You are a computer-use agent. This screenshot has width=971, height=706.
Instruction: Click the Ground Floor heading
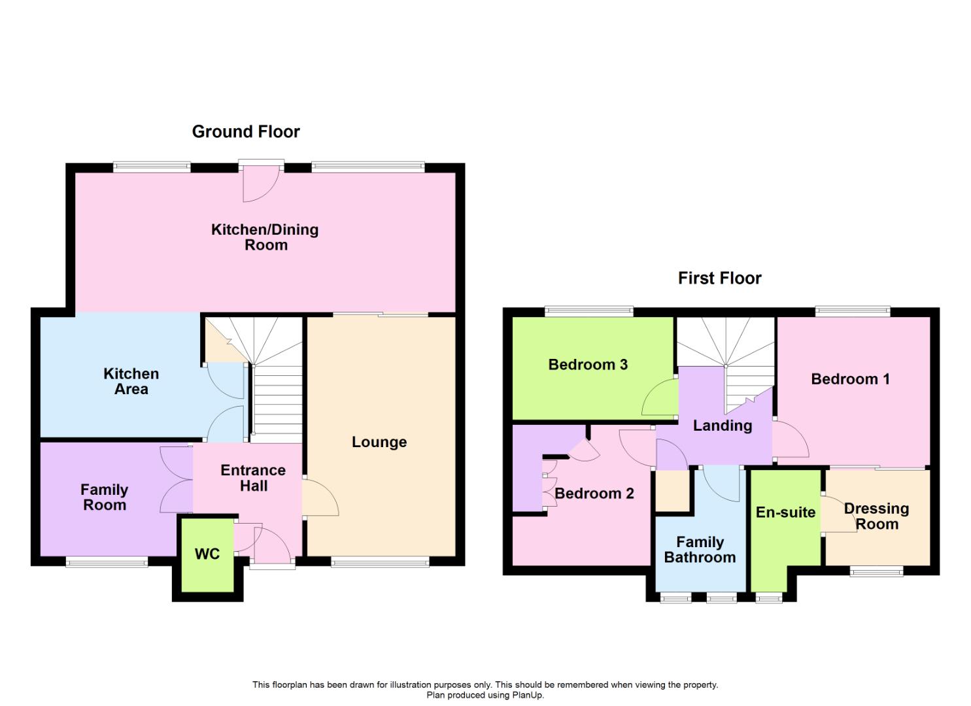pyautogui.click(x=246, y=131)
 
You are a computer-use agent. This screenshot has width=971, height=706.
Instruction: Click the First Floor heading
pyautogui.click(x=719, y=278)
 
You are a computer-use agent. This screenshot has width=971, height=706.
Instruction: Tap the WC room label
pyautogui.click(x=207, y=554)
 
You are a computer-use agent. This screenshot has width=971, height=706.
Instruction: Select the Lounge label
pyautogui.click(x=379, y=442)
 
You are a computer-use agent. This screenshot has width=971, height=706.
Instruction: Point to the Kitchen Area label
pyautogui.click(x=131, y=381)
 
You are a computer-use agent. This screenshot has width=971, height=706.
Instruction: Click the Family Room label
pyautogui.click(x=105, y=497)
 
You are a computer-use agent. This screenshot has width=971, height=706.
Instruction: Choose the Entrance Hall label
pyautogui.click(x=253, y=478)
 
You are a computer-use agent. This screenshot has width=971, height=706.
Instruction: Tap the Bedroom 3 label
pyautogui.click(x=588, y=365)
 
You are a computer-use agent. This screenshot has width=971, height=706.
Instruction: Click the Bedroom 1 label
pyautogui.click(x=850, y=379)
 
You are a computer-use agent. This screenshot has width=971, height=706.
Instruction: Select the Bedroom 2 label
pyautogui.click(x=594, y=494)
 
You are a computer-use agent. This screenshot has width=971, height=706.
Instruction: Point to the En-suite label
pyautogui.click(x=785, y=513)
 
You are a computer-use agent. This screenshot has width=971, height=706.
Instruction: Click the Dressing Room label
pyautogui.click(x=876, y=516)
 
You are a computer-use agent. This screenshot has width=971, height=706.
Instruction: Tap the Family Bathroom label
pyautogui.click(x=700, y=550)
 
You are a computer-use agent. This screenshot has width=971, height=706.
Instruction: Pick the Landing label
pyautogui.click(x=723, y=426)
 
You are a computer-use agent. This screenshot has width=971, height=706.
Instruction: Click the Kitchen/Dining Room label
pyautogui.click(x=265, y=237)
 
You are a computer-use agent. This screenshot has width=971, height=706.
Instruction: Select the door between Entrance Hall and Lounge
pyautogui.click(x=319, y=498)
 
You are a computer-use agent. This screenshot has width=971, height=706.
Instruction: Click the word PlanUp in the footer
pyautogui.click(x=526, y=695)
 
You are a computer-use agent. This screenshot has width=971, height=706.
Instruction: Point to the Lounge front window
pyautogui.click(x=380, y=562)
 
